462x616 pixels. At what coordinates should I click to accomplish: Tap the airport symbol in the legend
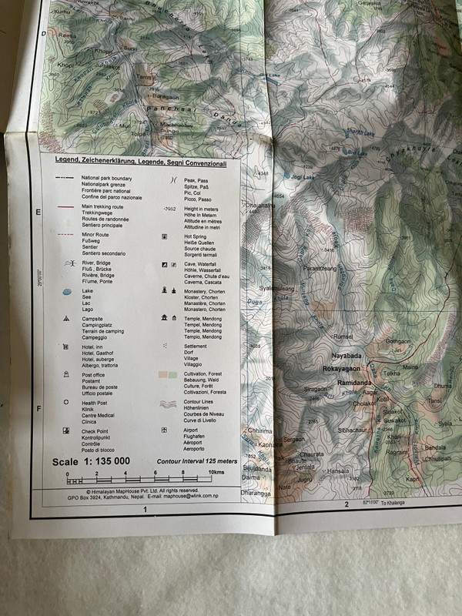163,430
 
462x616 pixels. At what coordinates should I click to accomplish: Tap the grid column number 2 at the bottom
348,504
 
